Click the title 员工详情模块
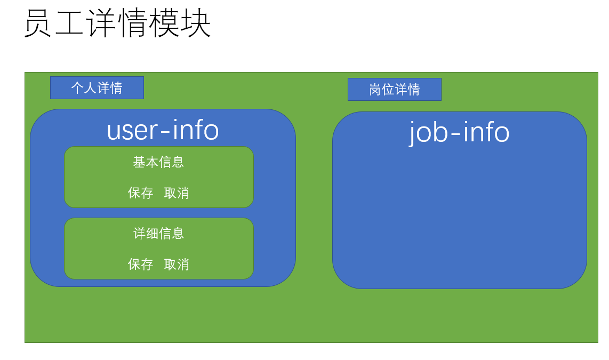(117, 24)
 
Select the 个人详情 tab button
(97, 88)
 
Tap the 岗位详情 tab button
(395, 90)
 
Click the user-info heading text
(163, 130)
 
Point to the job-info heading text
(459, 132)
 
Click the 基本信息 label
(158, 162)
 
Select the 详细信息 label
(158, 234)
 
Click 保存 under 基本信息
(141, 193)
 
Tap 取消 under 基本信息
(177, 193)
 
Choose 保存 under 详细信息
(141, 265)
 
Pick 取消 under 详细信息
(177, 265)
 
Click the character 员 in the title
(38, 24)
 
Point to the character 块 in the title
(196, 24)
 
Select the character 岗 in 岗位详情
(375, 90)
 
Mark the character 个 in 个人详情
(78, 88)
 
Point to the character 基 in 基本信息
(139, 162)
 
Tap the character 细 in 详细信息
(152, 234)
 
